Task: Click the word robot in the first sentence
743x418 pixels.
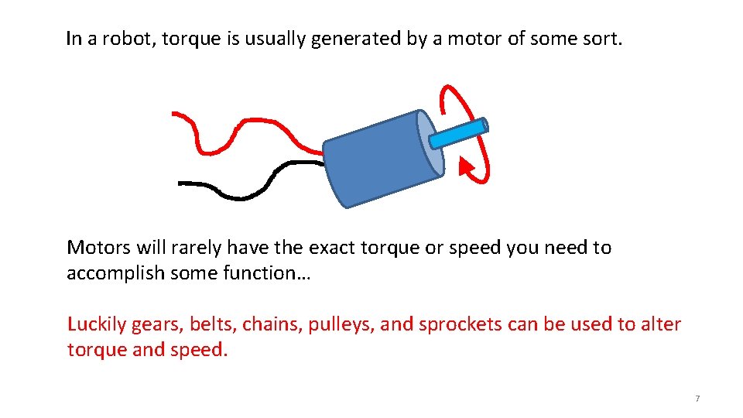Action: point(111,39)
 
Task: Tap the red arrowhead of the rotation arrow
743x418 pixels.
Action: point(466,166)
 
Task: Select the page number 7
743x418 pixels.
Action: point(697,398)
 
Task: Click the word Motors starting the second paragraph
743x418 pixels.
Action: point(99,248)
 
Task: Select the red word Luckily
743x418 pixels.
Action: point(96,324)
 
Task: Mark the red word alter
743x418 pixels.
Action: point(660,324)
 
